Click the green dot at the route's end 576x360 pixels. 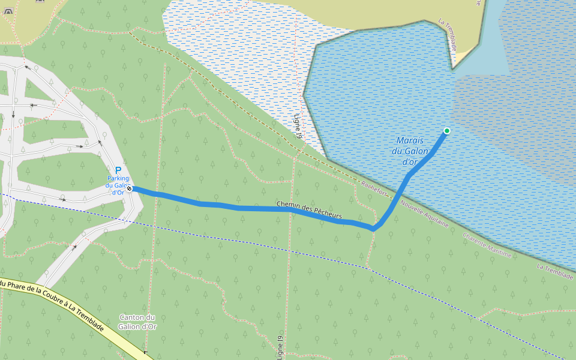(446, 131)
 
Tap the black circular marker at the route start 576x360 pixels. (129, 188)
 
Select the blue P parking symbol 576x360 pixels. (118, 170)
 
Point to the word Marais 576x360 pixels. (410, 140)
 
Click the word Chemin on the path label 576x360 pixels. (289, 205)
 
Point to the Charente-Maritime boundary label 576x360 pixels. (487, 245)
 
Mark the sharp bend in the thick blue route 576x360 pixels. (373, 229)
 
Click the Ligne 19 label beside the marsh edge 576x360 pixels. (297, 127)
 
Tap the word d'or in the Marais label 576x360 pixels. (410, 161)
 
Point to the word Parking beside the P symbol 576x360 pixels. (118, 179)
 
